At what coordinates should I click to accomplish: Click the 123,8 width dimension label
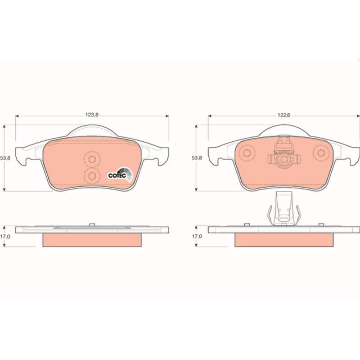[92, 115]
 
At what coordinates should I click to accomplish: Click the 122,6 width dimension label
[284, 115]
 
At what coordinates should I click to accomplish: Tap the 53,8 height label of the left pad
[5, 158]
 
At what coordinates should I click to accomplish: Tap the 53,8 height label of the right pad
[197, 158]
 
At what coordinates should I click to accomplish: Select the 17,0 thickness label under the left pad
[5, 237]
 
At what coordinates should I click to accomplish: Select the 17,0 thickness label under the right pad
[197, 236]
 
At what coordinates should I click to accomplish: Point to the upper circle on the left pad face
[92, 159]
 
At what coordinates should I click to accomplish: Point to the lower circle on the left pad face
[92, 176]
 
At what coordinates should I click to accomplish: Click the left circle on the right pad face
[247, 153]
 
